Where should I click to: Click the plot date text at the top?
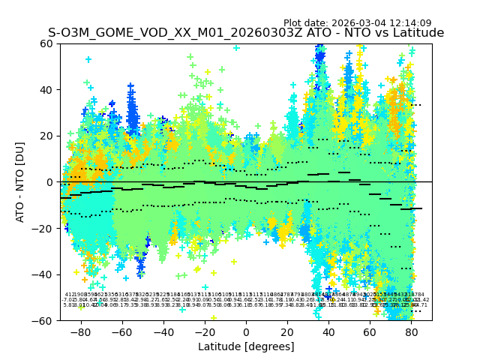click(x=357, y=23)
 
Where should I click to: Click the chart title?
click(x=246, y=33)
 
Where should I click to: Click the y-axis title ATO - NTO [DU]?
click(x=20, y=182)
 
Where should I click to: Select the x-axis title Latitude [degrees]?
click(x=246, y=346)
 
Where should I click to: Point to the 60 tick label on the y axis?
click(x=46, y=43)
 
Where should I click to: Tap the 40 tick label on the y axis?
click(x=46, y=90)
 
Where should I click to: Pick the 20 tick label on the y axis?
click(x=46, y=136)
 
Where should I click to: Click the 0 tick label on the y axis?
click(x=49, y=182)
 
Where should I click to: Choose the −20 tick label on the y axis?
click(x=43, y=228)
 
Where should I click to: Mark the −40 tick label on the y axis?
click(x=43, y=274)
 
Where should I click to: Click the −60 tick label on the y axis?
click(x=43, y=320)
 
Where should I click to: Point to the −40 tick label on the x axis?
click(x=163, y=331)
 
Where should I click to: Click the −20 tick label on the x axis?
click(x=204, y=331)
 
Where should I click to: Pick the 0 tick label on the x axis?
click(x=246, y=331)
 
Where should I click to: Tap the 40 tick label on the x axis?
click(x=328, y=331)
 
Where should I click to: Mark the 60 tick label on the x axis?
click(x=370, y=331)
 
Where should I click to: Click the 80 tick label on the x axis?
click(x=411, y=331)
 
